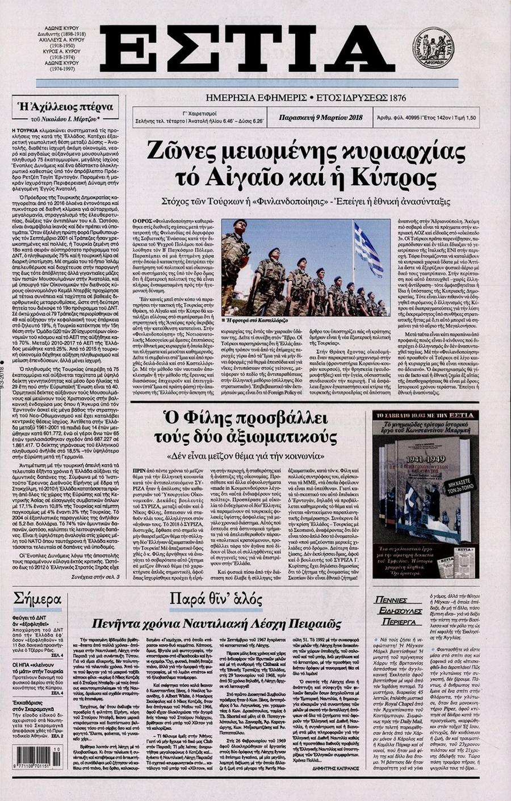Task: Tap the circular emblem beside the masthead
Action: pos(433,48)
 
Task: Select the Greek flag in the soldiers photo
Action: pos(368,250)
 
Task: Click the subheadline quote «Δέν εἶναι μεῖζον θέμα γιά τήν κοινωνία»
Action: pos(246,456)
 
